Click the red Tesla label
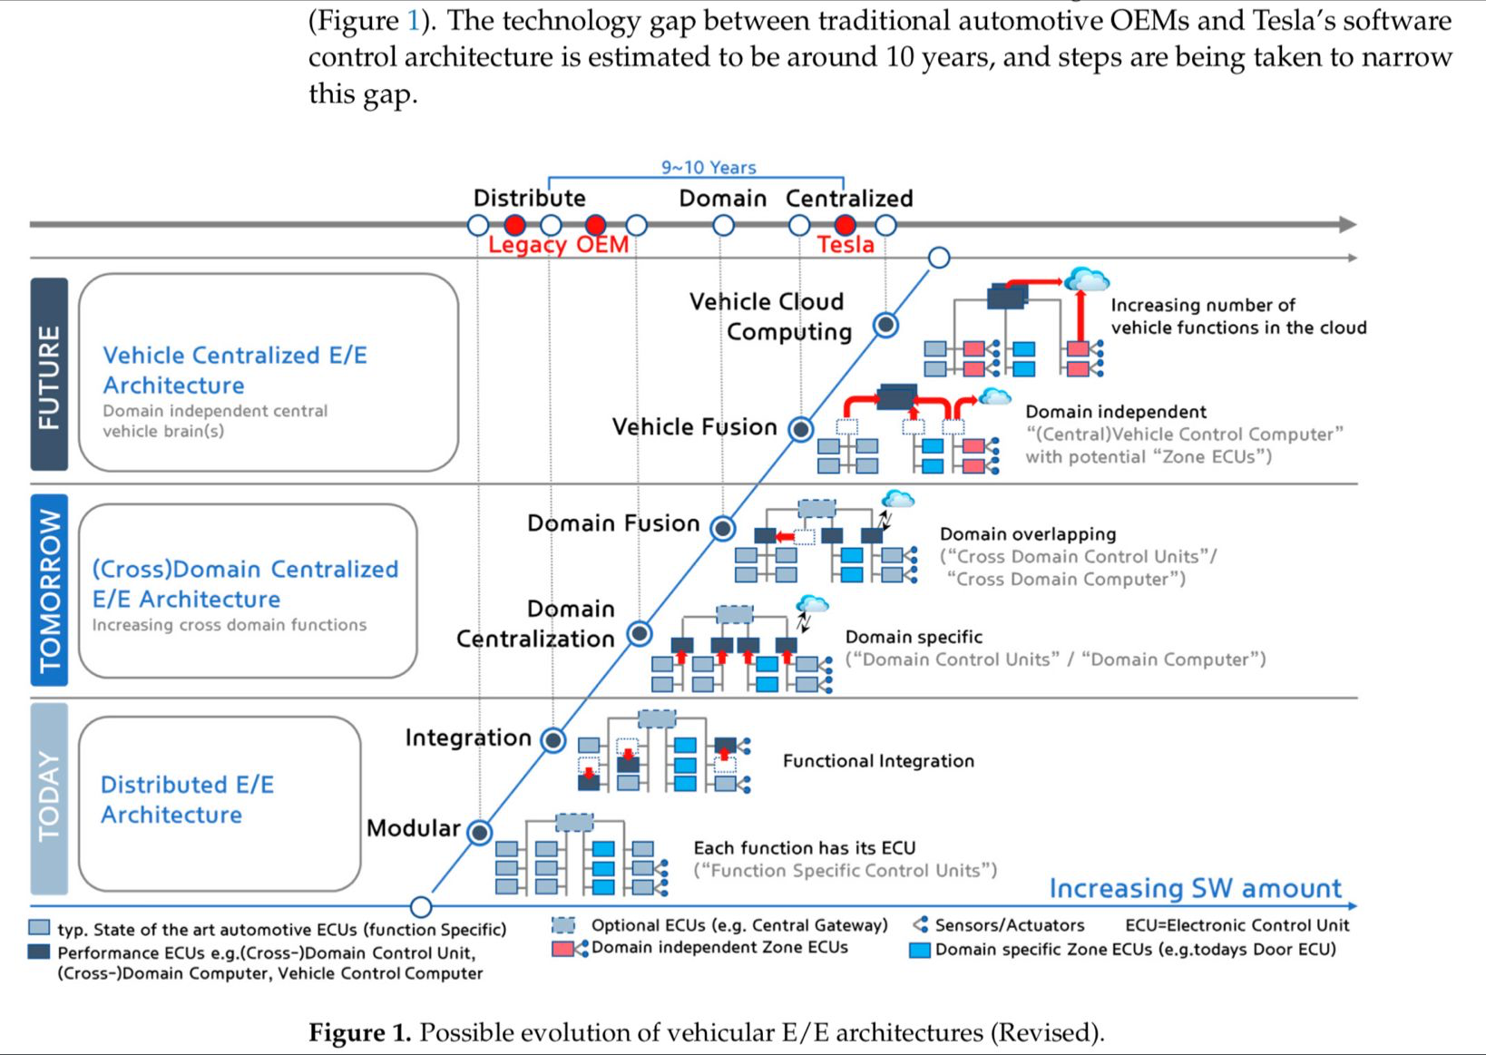coord(846,245)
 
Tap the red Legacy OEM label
coord(558,245)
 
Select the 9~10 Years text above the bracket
coord(709,168)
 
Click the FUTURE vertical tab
coord(49,374)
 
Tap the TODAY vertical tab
coord(49,798)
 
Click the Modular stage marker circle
coord(479,832)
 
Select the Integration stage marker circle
coord(553,740)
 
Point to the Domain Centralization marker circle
coord(640,634)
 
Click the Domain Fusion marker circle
coord(722,528)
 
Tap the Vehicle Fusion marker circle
coord(800,429)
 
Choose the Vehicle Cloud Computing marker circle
coord(885,325)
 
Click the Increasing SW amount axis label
coord(1195,888)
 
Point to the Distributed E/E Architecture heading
coord(187,799)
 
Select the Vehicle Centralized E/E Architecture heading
coord(235,369)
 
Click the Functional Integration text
coord(878,761)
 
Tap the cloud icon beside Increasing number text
coord(1087,279)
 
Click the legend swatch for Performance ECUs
coord(39,952)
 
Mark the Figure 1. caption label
coord(360,1032)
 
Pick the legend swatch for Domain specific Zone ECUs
coord(920,950)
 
